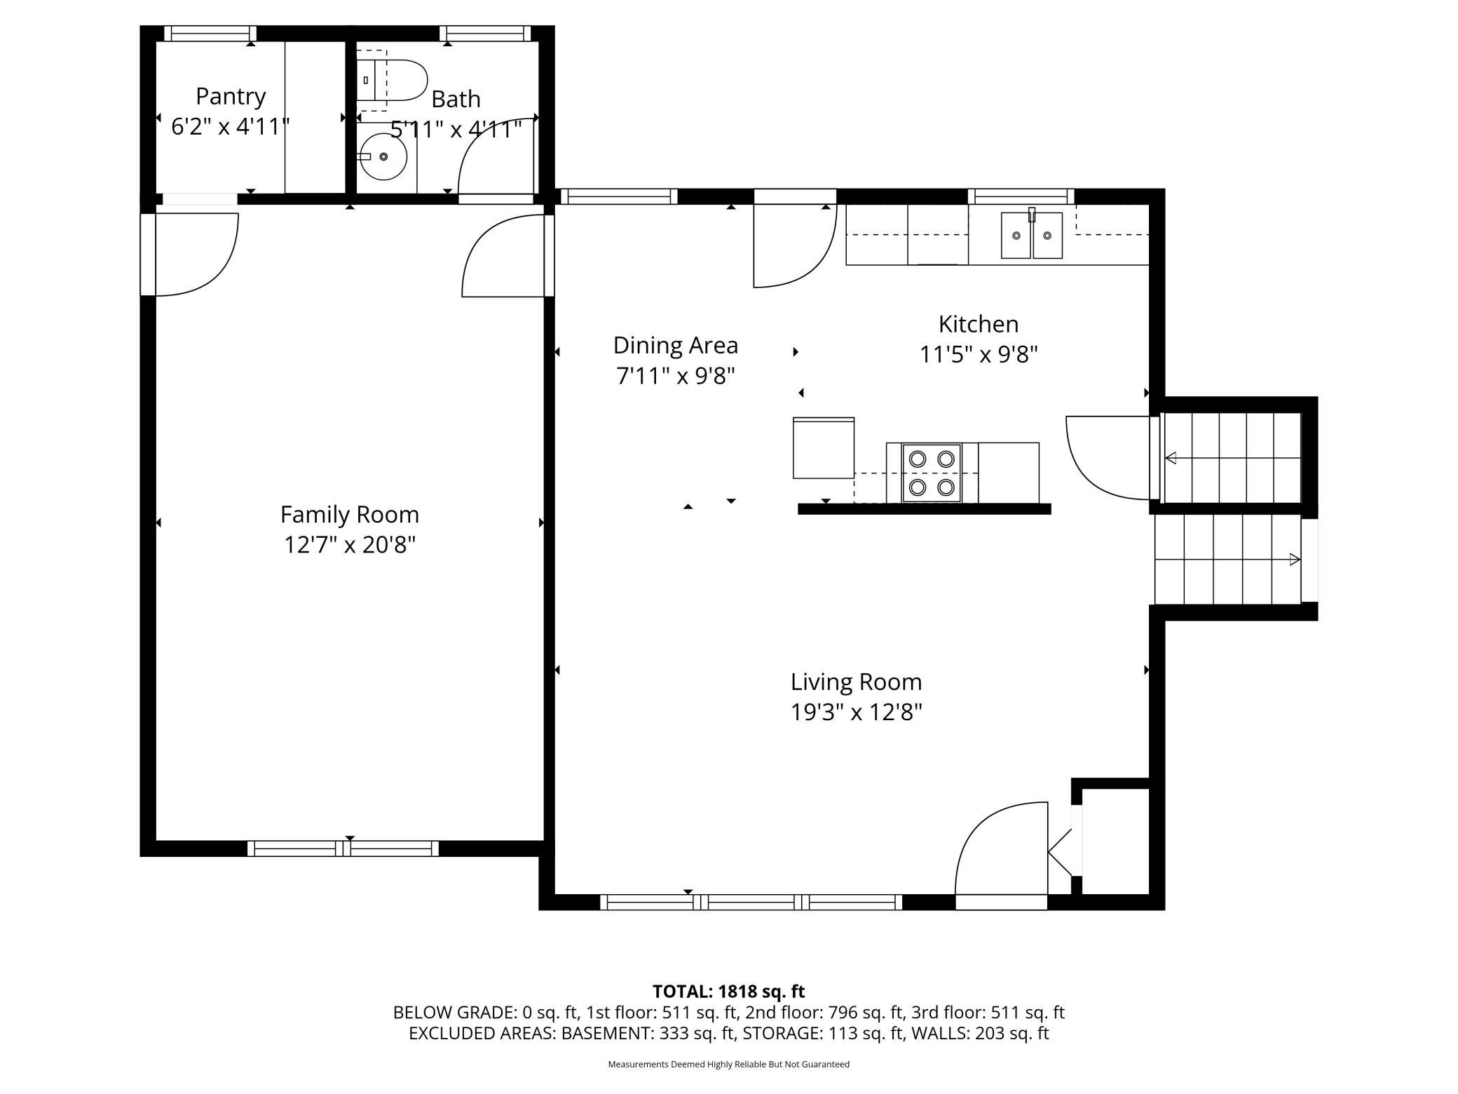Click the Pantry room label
tap(231, 96)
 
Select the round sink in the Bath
tap(383, 156)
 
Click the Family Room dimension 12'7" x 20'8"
tap(350, 545)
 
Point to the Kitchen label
tap(978, 324)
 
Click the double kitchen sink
tap(1031, 236)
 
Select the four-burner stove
tap(932, 473)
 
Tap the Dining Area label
tap(675, 345)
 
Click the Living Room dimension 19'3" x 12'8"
tap(856, 713)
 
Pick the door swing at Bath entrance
tap(494, 158)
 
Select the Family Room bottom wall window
tap(343, 848)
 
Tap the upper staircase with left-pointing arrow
tap(1232, 458)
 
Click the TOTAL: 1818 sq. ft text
tap(728, 991)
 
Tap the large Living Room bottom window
tap(751, 902)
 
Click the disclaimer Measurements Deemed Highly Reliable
tap(728, 1064)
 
